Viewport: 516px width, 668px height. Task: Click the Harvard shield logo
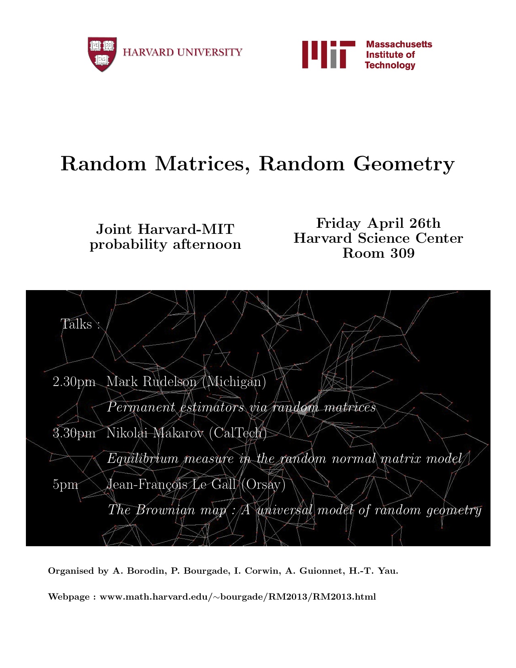click(102, 54)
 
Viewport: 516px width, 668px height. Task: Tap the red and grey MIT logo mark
click(328, 54)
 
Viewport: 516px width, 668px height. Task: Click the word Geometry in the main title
click(403, 164)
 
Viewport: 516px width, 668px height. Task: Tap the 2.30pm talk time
click(74, 382)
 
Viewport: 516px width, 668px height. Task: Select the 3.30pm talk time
click(74, 433)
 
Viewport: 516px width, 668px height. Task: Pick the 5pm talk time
click(65, 484)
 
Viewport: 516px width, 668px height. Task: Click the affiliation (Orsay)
click(263, 484)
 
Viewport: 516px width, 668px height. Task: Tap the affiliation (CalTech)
click(238, 433)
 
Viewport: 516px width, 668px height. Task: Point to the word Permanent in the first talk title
click(141, 407)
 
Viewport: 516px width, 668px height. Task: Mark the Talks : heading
click(80, 324)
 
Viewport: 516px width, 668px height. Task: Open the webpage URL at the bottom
click(238, 597)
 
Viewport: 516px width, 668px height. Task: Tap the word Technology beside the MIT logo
click(390, 66)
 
